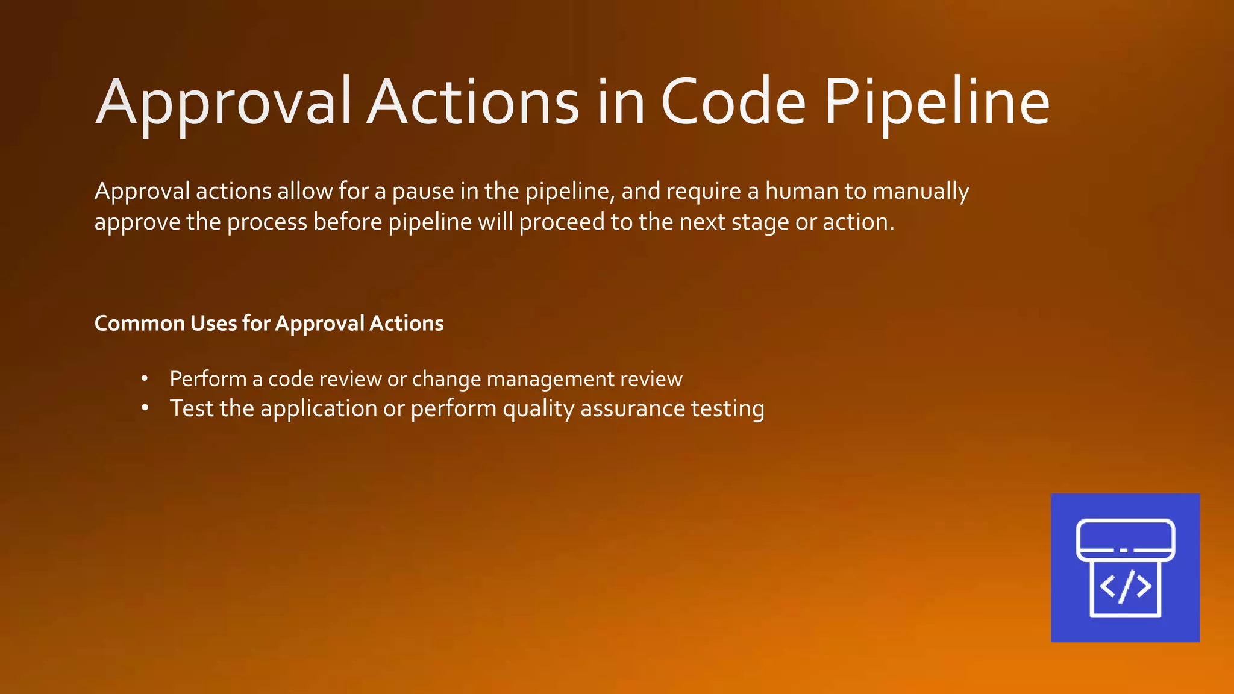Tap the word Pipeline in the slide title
(937, 102)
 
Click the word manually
(921, 192)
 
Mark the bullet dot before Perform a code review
(145, 379)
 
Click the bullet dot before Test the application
(145, 408)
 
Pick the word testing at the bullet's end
(727, 409)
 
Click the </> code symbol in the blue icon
(1125, 586)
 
